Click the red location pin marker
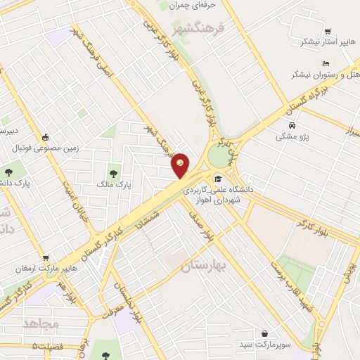tap(181, 165)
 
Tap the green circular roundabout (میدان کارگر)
tap(219, 155)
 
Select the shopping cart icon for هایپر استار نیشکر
tap(328, 31)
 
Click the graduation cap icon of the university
tap(218, 179)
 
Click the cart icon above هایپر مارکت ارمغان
tap(46, 258)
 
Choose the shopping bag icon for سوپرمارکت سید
tap(264, 333)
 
